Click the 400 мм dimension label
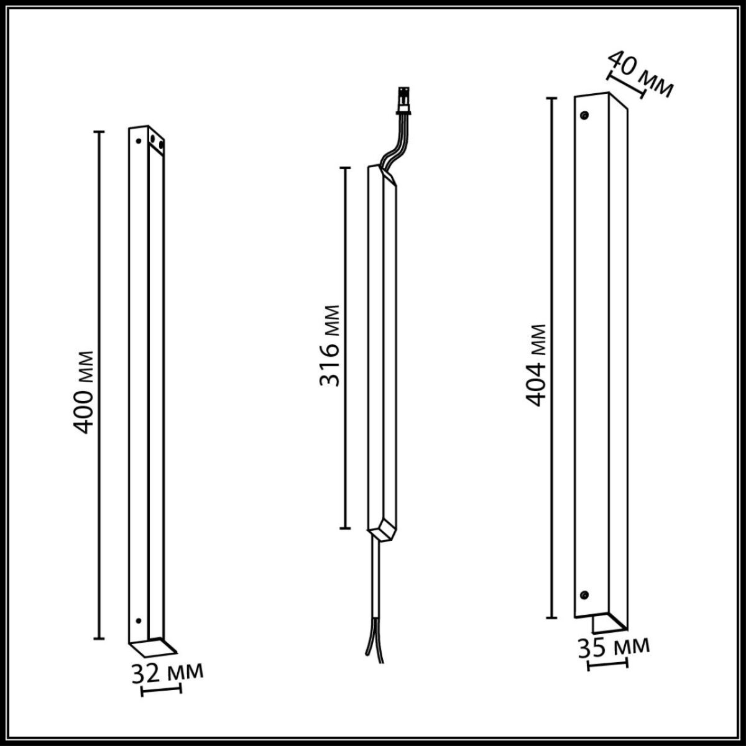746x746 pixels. coord(83,392)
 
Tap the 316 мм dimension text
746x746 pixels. coord(329,346)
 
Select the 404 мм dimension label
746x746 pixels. coord(535,365)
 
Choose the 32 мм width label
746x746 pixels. coord(167,673)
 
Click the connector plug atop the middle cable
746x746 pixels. coord(403,102)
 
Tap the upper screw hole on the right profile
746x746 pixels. coord(584,115)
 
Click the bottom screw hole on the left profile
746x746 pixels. coord(138,621)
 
